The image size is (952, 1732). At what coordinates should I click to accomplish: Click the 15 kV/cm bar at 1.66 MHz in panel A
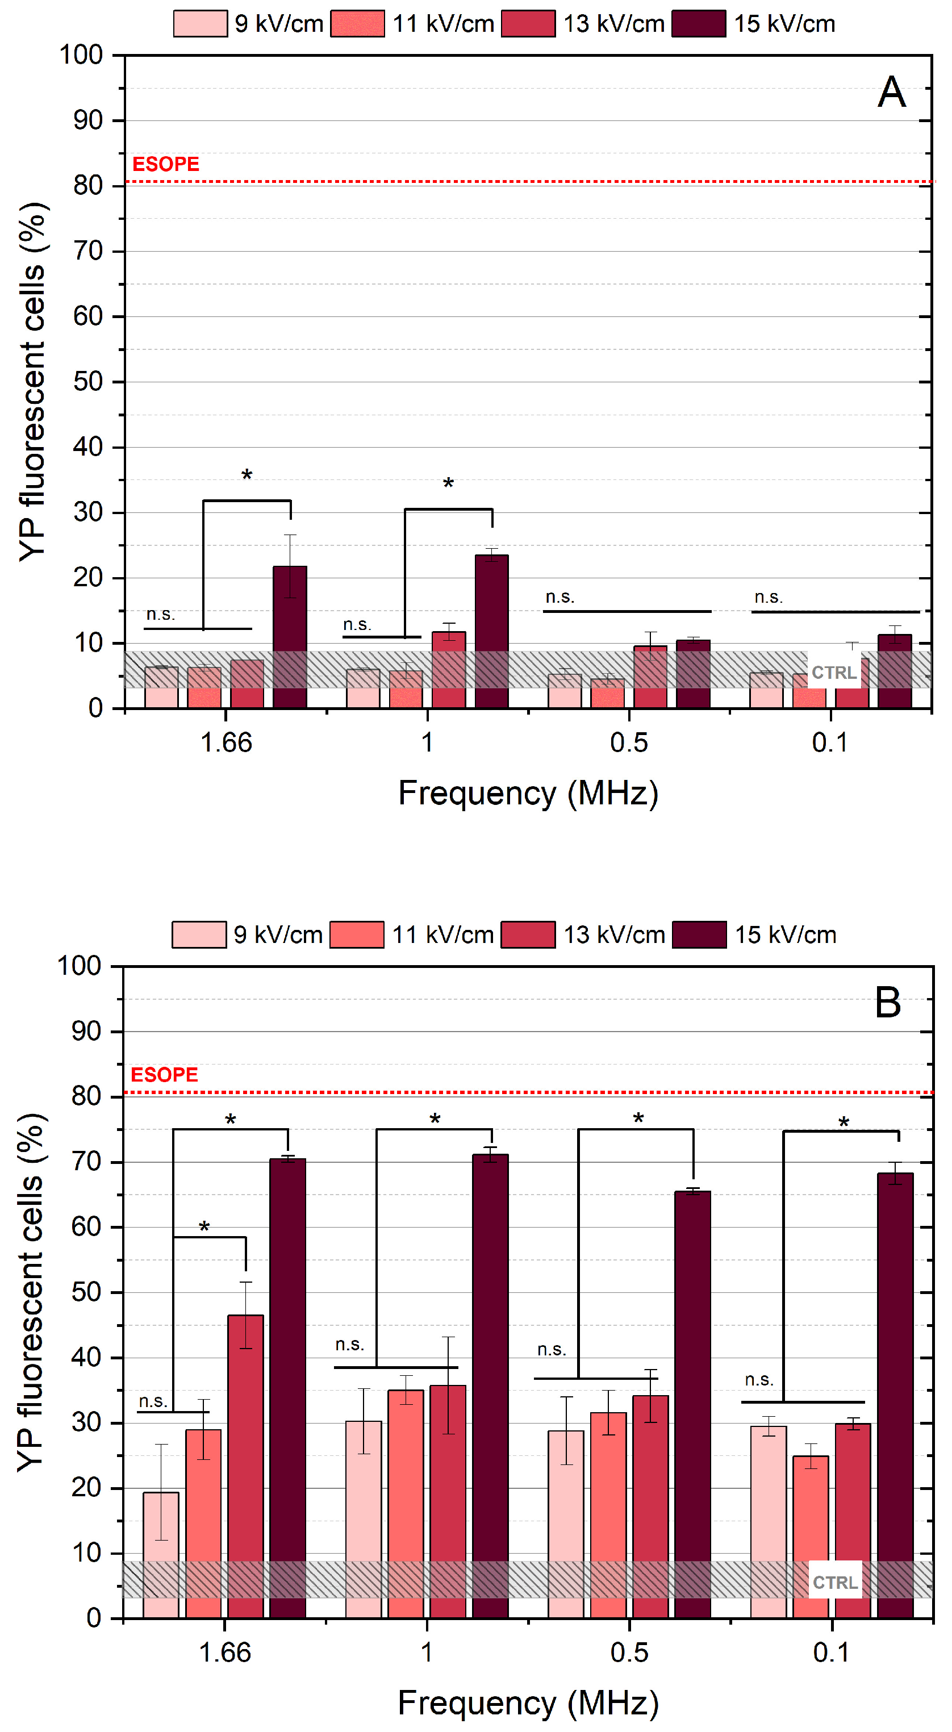point(290,637)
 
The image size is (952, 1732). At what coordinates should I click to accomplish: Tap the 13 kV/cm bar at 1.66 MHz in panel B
point(245,1466)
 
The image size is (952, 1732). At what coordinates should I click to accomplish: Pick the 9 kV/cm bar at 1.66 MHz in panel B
point(161,1555)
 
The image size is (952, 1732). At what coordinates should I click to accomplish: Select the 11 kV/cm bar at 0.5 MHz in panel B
point(608,1515)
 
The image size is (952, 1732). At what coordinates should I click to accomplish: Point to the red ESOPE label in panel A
point(165,164)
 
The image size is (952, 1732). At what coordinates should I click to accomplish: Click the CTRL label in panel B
point(835,1583)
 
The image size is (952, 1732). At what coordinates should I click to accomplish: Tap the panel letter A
point(891,91)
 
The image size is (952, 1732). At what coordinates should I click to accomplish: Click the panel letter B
point(887,1003)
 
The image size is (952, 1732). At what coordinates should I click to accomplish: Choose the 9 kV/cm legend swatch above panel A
point(201,23)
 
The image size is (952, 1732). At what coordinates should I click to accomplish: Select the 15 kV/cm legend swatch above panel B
point(699,934)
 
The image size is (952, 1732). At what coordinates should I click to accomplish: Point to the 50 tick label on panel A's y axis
point(88,381)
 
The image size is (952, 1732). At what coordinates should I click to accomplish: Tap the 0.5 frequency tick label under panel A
point(629,742)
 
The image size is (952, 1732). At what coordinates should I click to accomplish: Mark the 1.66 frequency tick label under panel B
point(224,1652)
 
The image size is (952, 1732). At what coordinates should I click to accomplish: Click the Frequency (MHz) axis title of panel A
point(528,794)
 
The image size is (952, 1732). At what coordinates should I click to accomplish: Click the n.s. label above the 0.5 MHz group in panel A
point(560,597)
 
